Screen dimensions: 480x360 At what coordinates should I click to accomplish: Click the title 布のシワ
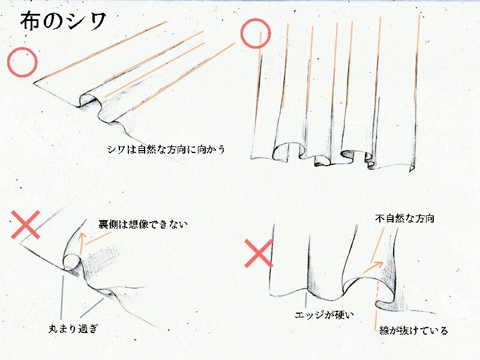click(x=64, y=21)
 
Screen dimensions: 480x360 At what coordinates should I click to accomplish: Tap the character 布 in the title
click(x=29, y=21)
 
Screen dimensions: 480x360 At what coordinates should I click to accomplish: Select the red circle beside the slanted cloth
click(x=22, y=62)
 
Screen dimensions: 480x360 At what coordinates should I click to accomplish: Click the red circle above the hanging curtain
click(x=256, y=34)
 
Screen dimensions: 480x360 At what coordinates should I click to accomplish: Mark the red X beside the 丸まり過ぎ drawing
click(x=26, y=224)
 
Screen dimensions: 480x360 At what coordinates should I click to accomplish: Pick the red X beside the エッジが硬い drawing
click(x=259, y=253)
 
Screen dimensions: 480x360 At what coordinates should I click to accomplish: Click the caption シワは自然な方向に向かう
click(x=166, y=149)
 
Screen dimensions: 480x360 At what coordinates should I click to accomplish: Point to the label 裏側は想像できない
click(x=143, y=224)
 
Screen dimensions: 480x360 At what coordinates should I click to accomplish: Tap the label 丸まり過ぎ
click(x=73, y=329)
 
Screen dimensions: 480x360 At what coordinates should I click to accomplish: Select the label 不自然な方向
click(x=404, y=218)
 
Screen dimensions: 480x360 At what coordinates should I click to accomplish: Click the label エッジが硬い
click(x=324, y=314)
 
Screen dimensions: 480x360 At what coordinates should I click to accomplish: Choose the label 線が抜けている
click(x=413, y=331)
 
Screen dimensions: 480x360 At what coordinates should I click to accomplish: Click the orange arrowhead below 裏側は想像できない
click(x=82, y=236)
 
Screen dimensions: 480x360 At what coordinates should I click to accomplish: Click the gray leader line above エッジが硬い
click(x=306, y=301)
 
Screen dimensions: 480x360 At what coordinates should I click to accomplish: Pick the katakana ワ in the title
click(x=97, y=22)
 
